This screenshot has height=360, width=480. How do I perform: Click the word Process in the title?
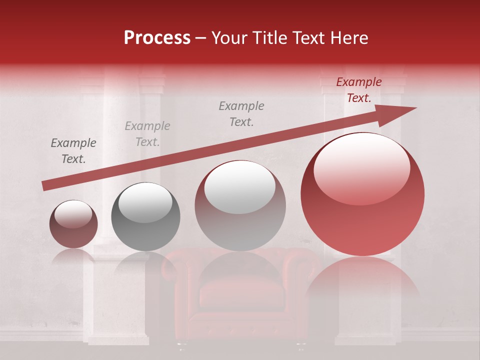pyautogui.click(x=157, y=38)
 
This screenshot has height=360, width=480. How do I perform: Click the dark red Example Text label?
pyautogui.click(x=358, y=90)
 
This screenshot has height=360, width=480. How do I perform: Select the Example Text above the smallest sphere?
pyautogui.click(x=73, y=151)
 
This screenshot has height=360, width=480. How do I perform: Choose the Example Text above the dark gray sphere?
pyautogui.click(x=147, y=134)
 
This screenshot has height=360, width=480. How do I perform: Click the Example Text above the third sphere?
pyautogui.click(x=241, y=114)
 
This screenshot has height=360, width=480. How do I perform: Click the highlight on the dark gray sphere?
pyautogui.click(x=145, y=202)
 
